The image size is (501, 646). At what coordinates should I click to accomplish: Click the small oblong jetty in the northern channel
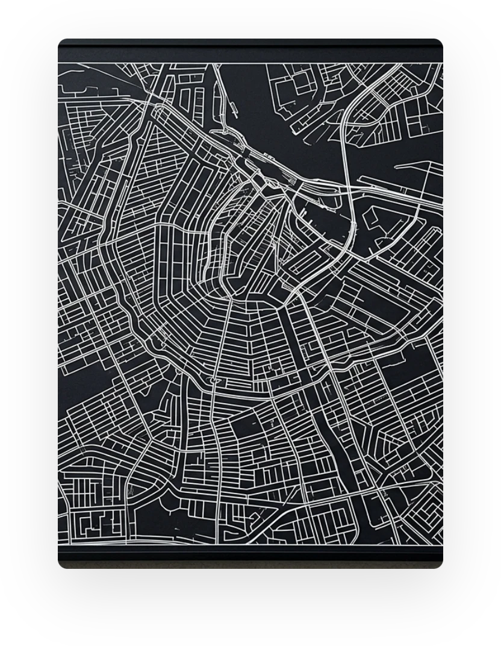coord(231,108)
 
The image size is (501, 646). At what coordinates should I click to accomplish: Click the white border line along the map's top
coord(250,63)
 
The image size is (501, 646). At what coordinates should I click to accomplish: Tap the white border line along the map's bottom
coord(250,545)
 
